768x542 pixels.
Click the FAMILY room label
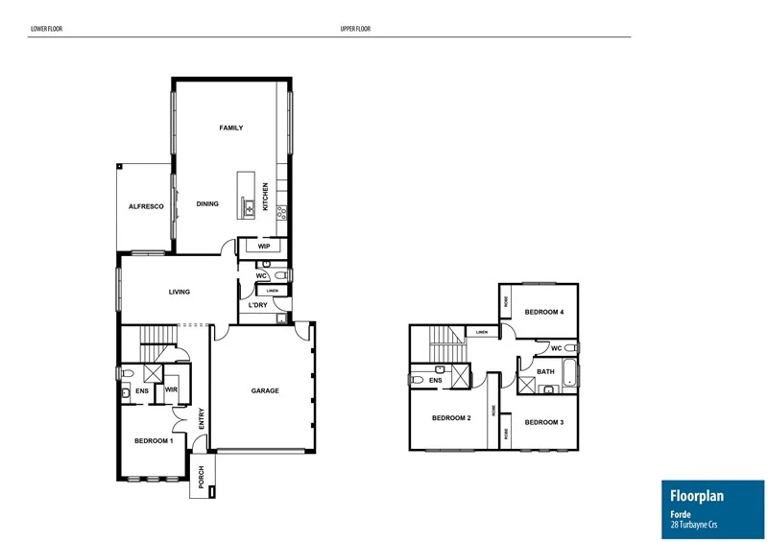coord(230,128)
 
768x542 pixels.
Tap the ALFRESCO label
coord(147,207)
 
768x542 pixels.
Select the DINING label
coord(207,203)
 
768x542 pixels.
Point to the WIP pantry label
coord(263,247)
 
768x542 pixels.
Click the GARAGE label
coord(265,390)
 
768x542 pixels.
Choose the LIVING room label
coord(179,293)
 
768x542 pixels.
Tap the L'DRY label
coord(257,305)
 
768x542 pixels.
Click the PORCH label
coord(202,476)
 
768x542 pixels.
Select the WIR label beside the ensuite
coord(171,390)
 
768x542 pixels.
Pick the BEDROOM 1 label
coord(154,440)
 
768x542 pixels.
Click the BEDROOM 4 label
coord(544,312)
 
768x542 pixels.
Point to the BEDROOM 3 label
coord(543,422)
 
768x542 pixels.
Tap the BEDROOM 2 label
coord(450,418)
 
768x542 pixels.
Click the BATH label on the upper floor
coord(545,371)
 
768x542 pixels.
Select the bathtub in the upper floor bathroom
coord(569,372)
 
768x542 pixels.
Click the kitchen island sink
coord(248,205)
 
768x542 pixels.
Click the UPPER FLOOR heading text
coord(354,30)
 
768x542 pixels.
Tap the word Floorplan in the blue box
coord(696,496)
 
